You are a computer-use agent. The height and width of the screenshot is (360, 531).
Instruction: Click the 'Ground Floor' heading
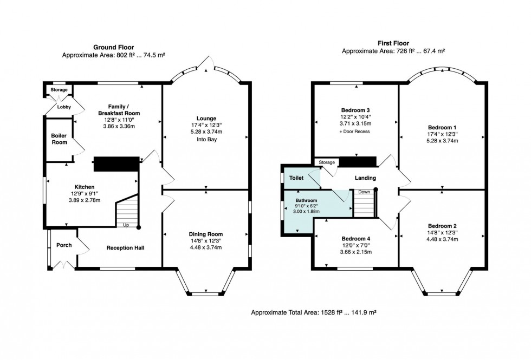[113, 47]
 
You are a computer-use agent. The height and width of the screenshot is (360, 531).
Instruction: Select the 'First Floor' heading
[393, 43]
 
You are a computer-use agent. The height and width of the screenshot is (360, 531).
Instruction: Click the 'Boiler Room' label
[59, 139]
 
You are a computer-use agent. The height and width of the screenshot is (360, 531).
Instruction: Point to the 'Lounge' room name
[206, 118]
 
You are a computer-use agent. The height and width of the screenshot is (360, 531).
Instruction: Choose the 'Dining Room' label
[206, 234]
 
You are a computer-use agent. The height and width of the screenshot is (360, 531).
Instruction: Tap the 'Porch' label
[64, 245]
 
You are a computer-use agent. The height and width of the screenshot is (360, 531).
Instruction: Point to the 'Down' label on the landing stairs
[364, 192]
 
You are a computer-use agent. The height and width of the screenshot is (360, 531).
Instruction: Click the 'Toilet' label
[296, 177]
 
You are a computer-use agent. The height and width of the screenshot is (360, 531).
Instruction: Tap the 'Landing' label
[365, 178]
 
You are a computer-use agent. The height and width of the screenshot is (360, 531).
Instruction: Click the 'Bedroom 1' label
[442, 127]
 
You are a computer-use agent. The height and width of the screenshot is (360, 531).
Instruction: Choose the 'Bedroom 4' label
[355, 238]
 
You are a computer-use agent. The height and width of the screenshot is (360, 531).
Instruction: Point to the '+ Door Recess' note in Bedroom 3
[355, 131]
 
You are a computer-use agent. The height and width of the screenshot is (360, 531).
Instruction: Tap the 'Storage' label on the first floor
[327, 162]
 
